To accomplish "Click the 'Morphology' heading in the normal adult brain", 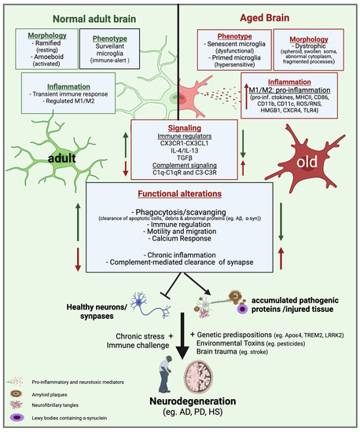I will point(48,36).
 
